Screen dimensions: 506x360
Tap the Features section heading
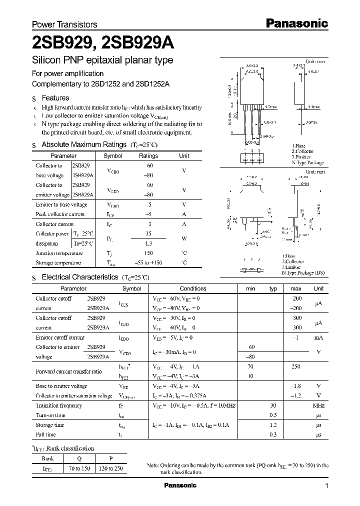[x=55, y=98]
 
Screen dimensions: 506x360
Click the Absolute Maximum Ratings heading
[x=83, y=144]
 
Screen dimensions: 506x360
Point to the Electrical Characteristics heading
[x=80, y=277]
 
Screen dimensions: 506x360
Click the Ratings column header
[x=148, y=156]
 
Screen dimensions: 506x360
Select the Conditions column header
[x=193, y=288]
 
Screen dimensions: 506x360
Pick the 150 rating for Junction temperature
[x=148, y=253]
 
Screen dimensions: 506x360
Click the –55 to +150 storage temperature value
[x=148, y=263]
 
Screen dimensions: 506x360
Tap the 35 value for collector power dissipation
[x=148, y=233]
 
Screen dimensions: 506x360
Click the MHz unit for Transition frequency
[x=318, y=405]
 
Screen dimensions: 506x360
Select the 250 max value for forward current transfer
[x=295, y=366]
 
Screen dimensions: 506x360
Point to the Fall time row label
[x=47, y=434]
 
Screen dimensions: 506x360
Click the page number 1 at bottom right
[x=326, y=486]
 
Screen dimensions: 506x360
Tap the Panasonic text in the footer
[x=180, y=485]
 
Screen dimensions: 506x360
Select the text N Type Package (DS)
[x=304, y=272]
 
